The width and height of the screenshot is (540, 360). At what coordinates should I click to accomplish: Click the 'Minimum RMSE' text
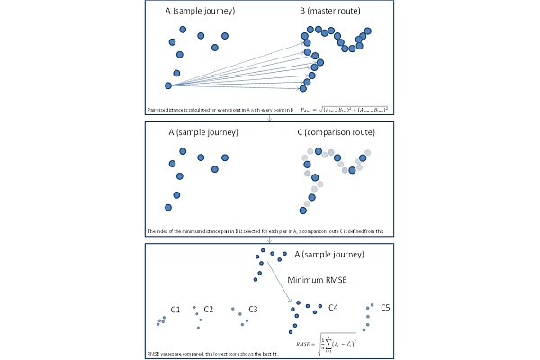pos(317,280)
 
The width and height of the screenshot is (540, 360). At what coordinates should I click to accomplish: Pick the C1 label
pos(175,310)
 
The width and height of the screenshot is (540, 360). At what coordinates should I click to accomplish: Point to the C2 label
pos(208,310)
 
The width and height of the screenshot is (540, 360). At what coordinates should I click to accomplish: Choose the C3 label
pos(253,310)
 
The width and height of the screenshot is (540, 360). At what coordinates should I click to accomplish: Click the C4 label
pos(333,308)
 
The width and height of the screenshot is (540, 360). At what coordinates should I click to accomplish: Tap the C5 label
pos(385,308)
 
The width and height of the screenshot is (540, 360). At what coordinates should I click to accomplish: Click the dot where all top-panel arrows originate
pos(168,85)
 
